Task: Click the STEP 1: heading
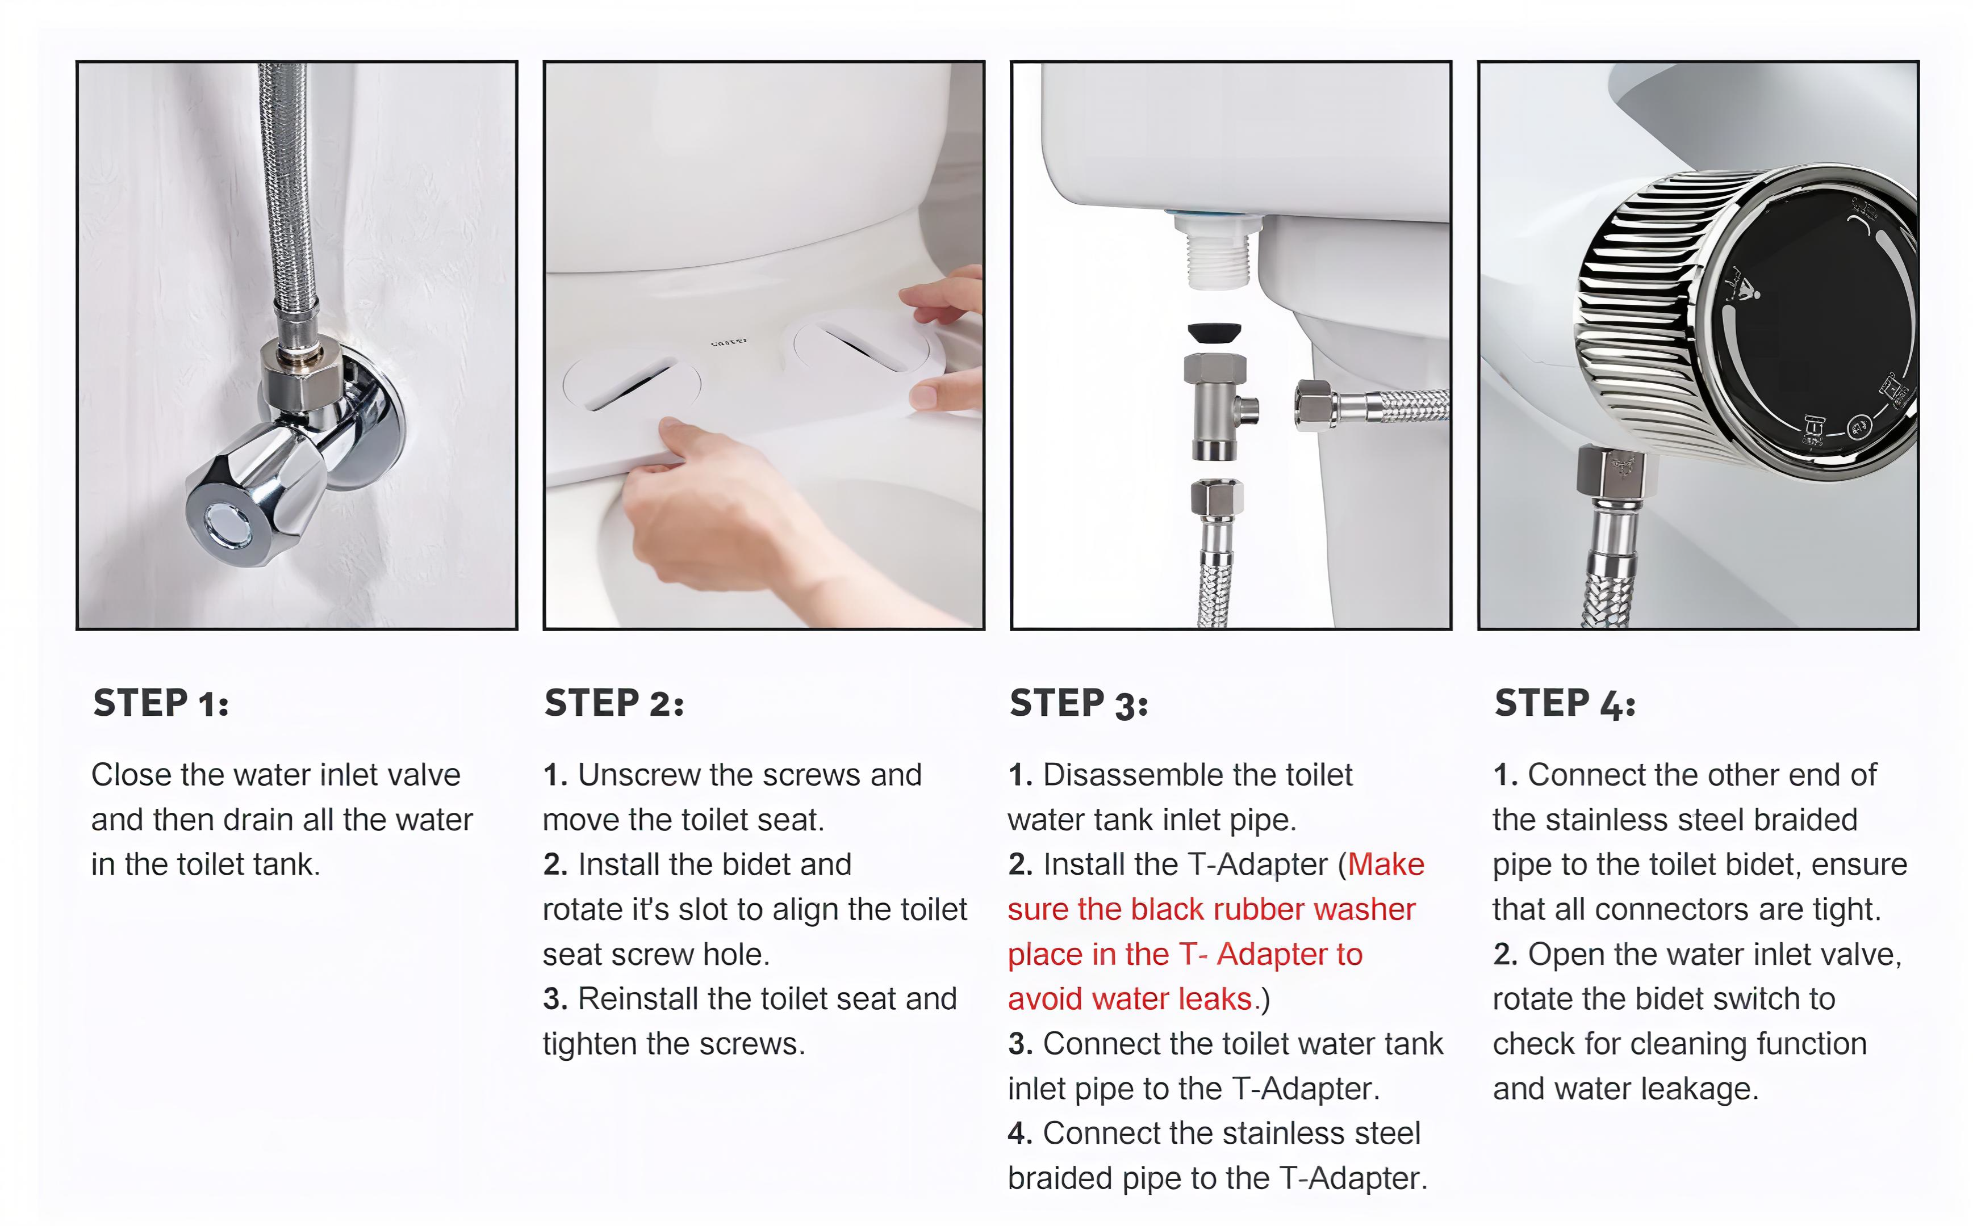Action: (161, 703)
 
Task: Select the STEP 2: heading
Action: (614, 703)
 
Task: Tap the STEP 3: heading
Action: (1079, 703)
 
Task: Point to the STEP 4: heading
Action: (1565, 703)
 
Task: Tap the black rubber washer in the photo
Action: (1214, 333)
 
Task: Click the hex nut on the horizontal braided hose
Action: (1316, 405)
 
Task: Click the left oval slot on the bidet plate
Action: (631, 381)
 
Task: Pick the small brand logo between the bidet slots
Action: (729, 343)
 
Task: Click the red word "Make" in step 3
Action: (1386, 864)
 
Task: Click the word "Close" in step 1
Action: (131, 775)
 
